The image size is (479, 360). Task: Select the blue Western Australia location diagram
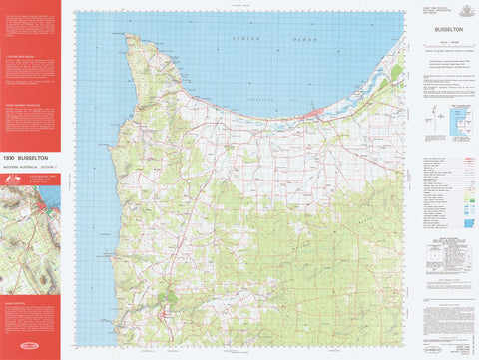point(458,120)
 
